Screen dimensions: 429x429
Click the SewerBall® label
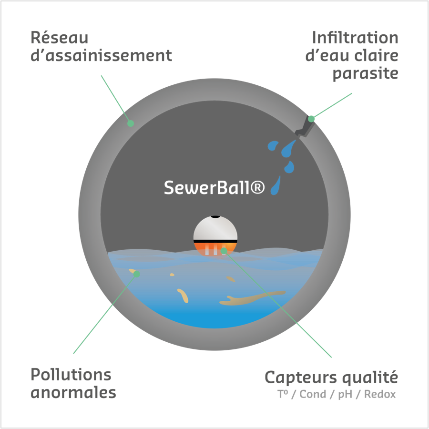point(214,188)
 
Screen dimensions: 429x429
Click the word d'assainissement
point(101,56)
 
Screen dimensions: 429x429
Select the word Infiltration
point(355,37)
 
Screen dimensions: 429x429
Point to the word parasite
point(365,74)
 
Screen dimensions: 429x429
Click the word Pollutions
point(71,375)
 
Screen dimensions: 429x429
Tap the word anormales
point(73,394)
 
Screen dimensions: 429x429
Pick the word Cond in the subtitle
point(313,395)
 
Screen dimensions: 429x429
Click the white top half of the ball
point(215,229)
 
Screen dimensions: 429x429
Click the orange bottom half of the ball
point(215,248)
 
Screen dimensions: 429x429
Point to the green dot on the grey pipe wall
point(130,123)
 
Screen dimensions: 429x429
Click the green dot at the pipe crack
point(311,119)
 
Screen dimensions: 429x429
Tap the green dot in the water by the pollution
point(137,274)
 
